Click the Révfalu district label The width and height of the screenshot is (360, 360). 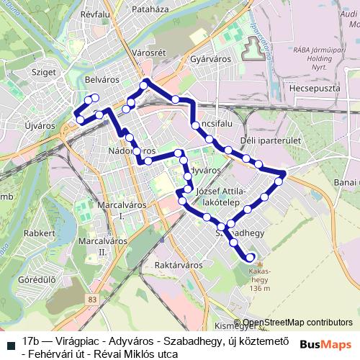[99, 13]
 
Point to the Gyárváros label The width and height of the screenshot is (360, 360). [210, 60]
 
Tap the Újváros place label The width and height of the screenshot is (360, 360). [40, 125]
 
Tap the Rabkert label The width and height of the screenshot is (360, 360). [39, 233]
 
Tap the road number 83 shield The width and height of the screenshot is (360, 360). [91, 298]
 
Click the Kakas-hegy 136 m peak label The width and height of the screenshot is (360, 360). [258, 281]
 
